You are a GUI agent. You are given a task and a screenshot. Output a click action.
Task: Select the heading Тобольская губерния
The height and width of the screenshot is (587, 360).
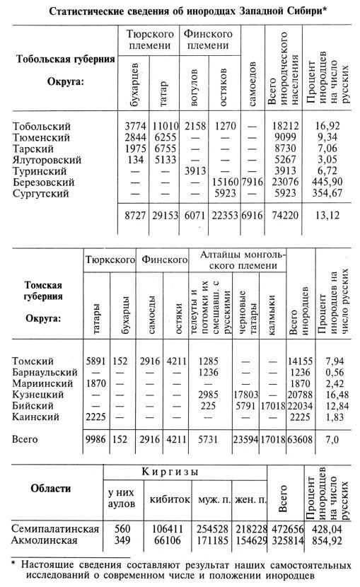[65, 59]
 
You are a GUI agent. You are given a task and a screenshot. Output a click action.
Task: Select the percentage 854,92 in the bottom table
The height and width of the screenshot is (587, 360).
[330, 540]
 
